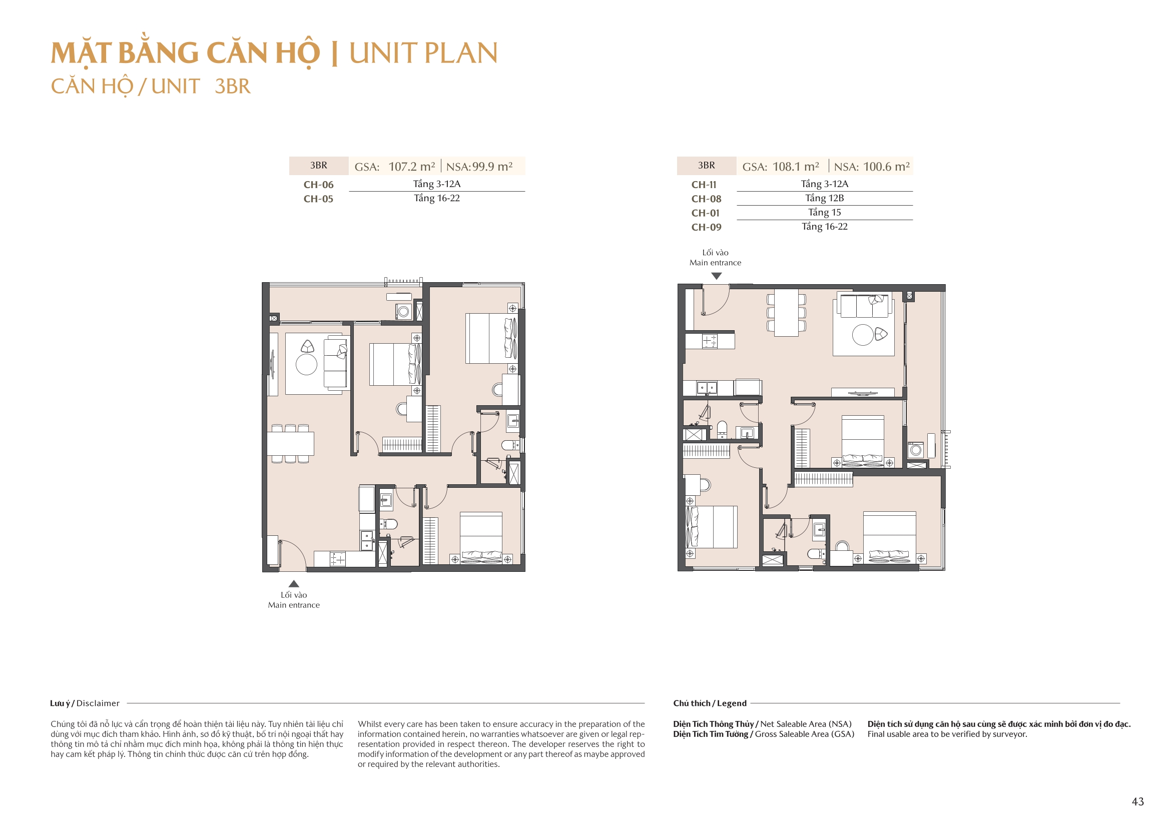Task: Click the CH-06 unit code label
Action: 318,185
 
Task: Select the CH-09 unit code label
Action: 706,227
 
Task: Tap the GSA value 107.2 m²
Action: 412,167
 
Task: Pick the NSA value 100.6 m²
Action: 886,167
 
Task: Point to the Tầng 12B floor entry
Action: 824,198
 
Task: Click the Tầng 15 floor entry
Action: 824,213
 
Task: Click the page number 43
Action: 1137,801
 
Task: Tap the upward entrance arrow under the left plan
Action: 294,584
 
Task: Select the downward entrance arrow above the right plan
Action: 717,276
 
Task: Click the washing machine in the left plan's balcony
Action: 403,311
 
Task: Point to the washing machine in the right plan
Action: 916,450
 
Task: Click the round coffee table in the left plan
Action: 306,365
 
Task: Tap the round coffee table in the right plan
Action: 863,335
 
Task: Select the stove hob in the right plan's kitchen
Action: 709,341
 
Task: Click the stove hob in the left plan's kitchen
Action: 337,559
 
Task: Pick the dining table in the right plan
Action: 786,312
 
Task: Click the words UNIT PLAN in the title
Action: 423,53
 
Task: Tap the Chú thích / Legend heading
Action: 709,703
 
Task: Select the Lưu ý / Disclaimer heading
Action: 85,703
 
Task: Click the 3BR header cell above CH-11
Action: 706,166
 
